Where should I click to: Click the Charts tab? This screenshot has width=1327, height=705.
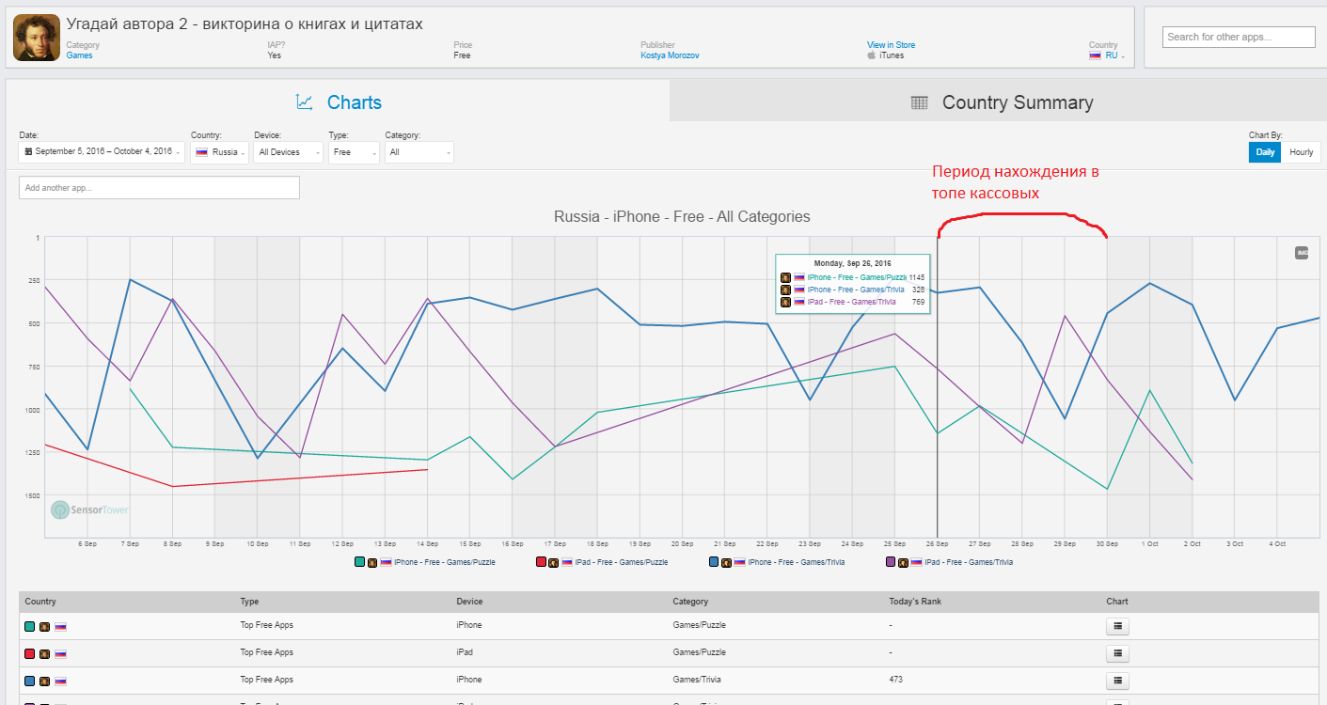point(339,102)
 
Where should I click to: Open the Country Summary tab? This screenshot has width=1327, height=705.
point(1002,102)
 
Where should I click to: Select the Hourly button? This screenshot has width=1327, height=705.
point(1302,152)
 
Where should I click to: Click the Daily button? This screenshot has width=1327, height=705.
point(1266,152)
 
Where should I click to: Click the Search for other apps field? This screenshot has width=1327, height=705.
point(1238,37)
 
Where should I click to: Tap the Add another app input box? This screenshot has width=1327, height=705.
point(159,187)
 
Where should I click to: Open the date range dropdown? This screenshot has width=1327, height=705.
point(103,152)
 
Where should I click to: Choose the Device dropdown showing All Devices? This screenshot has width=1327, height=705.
point(288,152)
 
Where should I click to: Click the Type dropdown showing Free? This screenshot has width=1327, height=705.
point(354,152)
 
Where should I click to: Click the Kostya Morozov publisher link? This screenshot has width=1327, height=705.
point(670,55)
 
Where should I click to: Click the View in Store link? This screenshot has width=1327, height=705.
point(891,45)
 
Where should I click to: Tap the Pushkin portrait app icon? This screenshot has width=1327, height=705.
point(37,38)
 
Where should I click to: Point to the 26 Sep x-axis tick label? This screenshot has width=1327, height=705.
point(937,544)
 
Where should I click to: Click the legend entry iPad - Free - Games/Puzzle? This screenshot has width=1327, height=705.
point(621,562)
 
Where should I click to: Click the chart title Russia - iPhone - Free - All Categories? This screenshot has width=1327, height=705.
point(682,216)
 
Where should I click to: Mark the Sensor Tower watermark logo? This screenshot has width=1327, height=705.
point(90,509)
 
